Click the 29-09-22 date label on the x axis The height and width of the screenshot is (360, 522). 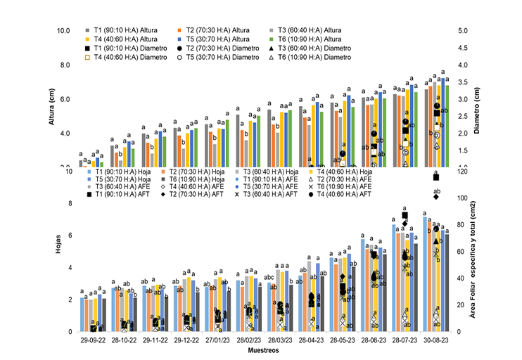(93, 339)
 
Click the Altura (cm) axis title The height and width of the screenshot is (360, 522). (51, 105)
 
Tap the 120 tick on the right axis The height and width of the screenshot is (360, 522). (463, 171)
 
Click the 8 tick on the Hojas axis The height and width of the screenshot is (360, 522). (69, 204)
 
